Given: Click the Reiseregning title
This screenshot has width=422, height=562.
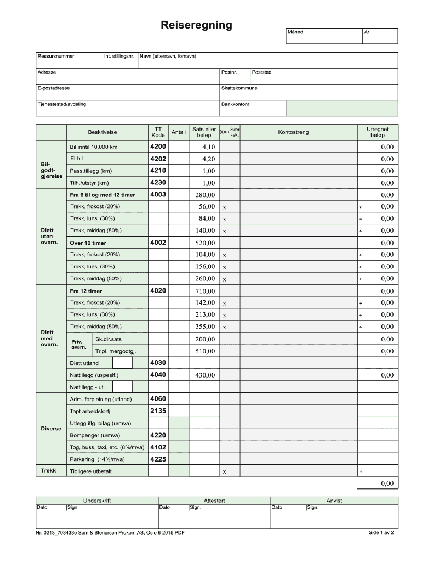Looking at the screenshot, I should pyautogui.click(x=196, y=25).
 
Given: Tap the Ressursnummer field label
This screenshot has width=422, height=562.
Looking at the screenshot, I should pyautogui.click(x=56, y=56).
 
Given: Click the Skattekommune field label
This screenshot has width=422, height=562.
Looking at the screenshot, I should pyautogui.click(x=239, y=88).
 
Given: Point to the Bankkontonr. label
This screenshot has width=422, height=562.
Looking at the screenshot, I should pyautogui.click(x=236, y=104).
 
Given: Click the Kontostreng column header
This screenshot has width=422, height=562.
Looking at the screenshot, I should pyautogui.click(x=293, y=132).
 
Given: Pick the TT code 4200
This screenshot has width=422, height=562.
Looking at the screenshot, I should pyautogui.click(x=158, y=147).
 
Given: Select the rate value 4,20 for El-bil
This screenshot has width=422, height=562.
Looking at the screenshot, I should pyautogui.click(x=208, y=159).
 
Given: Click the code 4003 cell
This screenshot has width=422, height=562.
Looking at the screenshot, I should pyautogui.click(x=158, y=195).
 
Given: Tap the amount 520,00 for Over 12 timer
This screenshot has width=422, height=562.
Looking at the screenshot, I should pyautogui.click(x=206, y=243).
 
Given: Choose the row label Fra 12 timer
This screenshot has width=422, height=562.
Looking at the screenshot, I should pyautogui.click(x=86, y=291).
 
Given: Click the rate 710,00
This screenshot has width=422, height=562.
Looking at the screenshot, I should pyautogui.click(x=206, y=291).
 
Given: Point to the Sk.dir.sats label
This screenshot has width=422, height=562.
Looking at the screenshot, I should pyautogui.click(x=109, y=339).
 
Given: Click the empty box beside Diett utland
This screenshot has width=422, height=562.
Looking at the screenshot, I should pyautogui.click(x=122, y=363).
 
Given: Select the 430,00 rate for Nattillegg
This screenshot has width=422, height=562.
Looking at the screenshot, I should pyautogui.click(x=206, y=375).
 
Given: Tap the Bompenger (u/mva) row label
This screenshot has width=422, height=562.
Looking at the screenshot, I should pyautogui.click(x=95, y=435).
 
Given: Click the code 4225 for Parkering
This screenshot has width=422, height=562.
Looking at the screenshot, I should pyautogui.click(x=158, y=459).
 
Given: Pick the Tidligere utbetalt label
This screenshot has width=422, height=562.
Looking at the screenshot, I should pyautogui.click(x=91, y=471).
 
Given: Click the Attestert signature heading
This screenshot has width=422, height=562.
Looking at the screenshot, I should pyautogui.click(x=214, y=501).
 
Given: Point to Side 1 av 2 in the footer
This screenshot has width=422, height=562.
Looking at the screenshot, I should pyautogui.click(x=381, y=532).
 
